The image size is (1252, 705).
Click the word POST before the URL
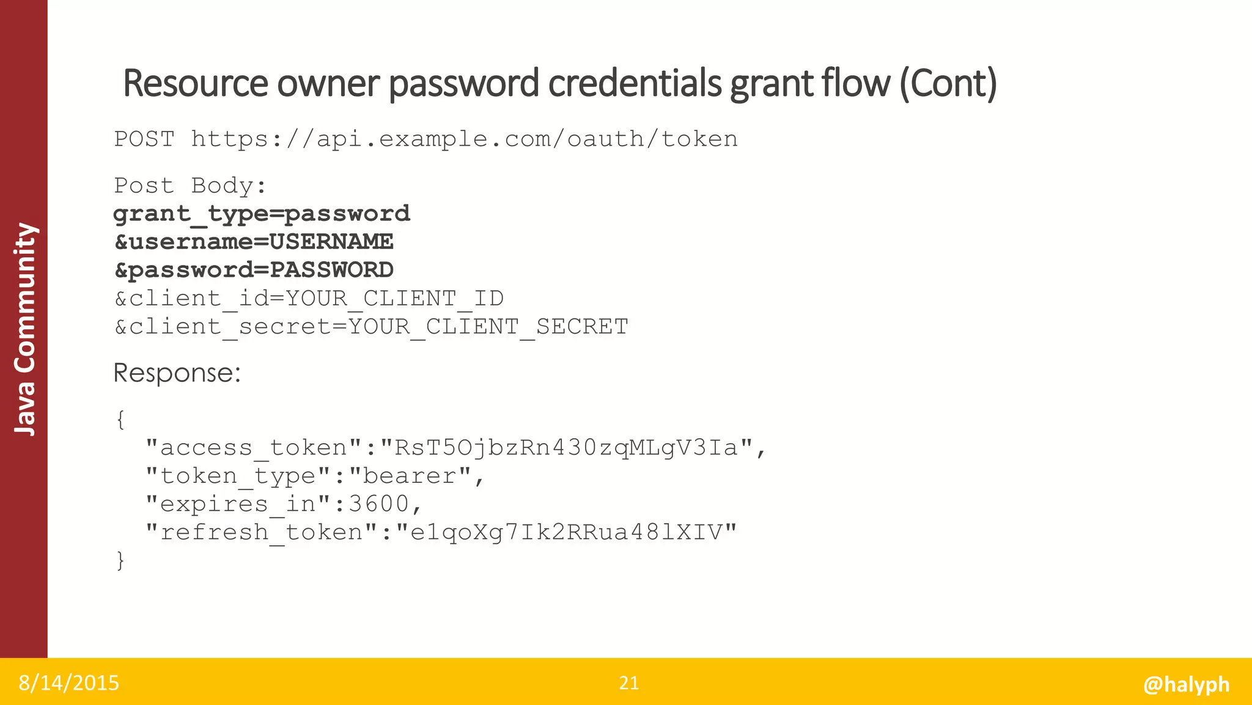click(144, 139)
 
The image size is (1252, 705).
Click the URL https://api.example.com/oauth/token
click(465, 140)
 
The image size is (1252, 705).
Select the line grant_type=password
click(262, 214)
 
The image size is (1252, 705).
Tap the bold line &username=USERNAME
click(254, 242)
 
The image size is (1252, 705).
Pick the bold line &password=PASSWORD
click(254, 270)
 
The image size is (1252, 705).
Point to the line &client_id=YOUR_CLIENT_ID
click(309, 299)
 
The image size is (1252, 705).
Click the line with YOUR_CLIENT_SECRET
click(371, 327)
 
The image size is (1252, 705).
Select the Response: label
click(177, 373)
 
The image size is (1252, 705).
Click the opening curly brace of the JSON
click(120, 420)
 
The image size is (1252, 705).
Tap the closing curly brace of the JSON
click(120, 561)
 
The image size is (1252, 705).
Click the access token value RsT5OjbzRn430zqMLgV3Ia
click(566, 448)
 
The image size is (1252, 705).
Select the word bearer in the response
click(410, 476)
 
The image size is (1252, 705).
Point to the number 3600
click(378, 504)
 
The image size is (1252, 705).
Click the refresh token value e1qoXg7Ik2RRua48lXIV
click(566, 532)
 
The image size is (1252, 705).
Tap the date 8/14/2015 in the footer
click(68, 683)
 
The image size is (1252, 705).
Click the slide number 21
click(629, 683)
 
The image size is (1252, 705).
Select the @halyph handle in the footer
click(1186, 684)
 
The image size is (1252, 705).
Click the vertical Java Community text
click(25, 329)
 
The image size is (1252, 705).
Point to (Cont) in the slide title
click(948, 84)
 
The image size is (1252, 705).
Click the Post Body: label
click(190, 185)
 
